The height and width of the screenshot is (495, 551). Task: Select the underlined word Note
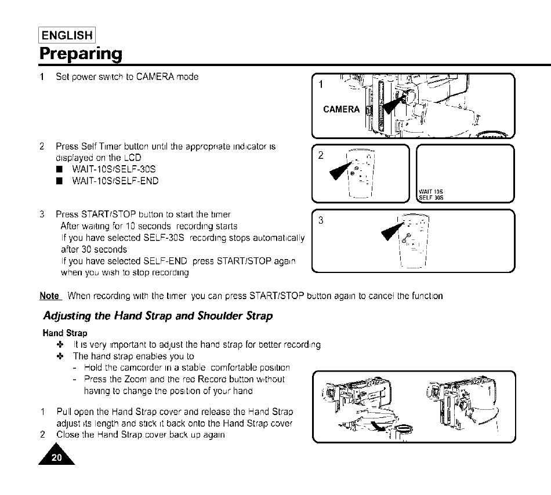pyautogui.click(x=50, y=296)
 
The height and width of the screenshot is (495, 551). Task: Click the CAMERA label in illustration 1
pyautogui.click(x=341, y=110)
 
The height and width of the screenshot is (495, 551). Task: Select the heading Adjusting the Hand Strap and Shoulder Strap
pyautogui.click(x=158, y=316)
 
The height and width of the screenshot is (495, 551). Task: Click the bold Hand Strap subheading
pyautogui.click(x=64, y=333)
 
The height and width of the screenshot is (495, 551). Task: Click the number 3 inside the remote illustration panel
pyautogui.click(x=321, y=221)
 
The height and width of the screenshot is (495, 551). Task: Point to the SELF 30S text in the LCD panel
pyautogui.click(x=430, y=196)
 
